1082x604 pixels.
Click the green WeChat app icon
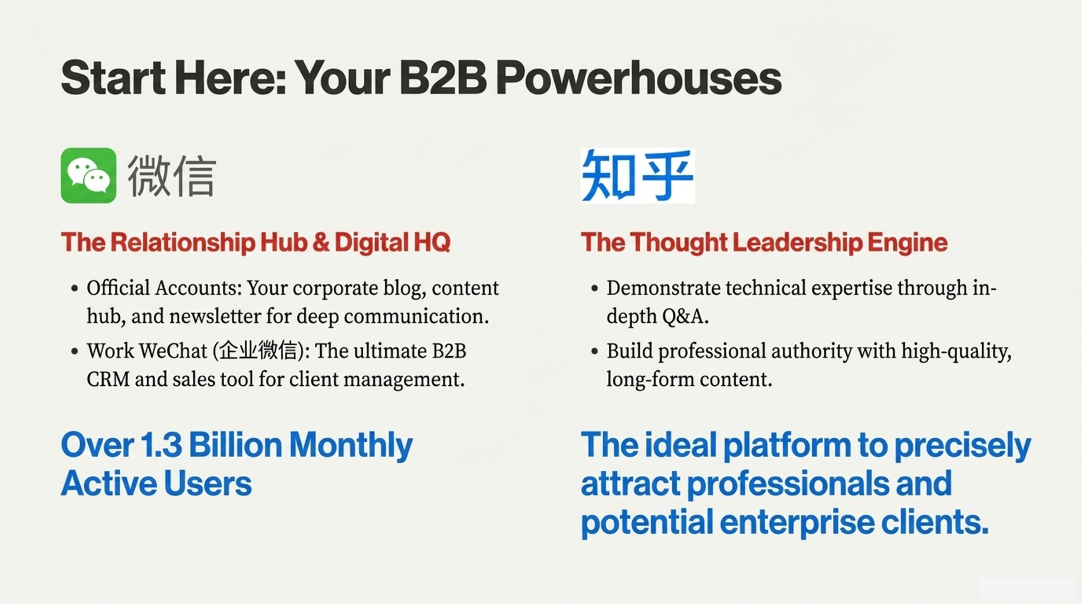click(88, 175)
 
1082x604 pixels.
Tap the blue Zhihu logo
click(637, 175)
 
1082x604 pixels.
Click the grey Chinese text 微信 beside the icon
click(172, 176)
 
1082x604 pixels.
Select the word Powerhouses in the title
click(638, 78)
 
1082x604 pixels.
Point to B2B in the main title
click(442, 78)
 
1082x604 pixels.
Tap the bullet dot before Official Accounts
click(74, 289)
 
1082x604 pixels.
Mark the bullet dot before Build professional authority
click(594, 352)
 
